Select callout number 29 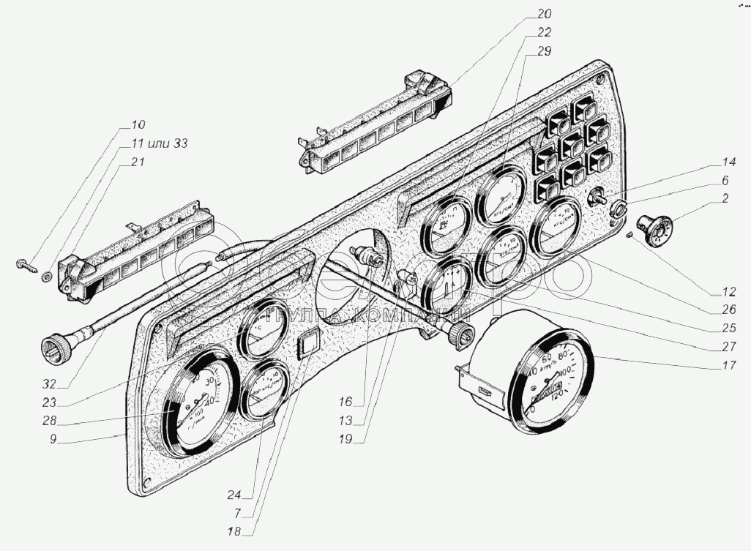[x=543, y=50]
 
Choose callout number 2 [x=724, y=198]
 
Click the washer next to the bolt [x=47, y=276]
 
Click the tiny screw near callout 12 [x=629, y=235]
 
